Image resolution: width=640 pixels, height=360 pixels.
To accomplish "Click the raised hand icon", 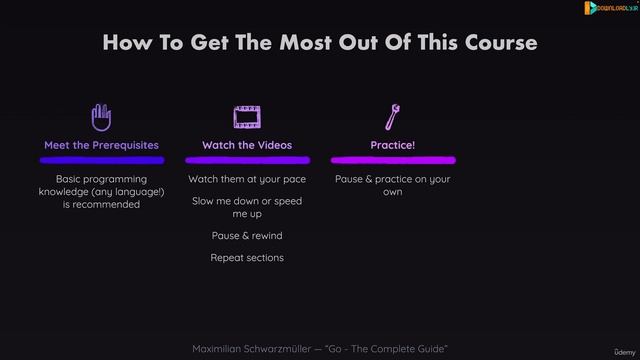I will coord(101,117).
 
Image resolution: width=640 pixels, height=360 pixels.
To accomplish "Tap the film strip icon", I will coord(247,118).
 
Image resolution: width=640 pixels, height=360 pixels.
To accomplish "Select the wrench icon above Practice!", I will coord(392,117).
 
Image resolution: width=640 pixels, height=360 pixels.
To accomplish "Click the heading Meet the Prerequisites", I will coord(101,145).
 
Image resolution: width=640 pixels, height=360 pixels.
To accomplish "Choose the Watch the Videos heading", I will coord(247,145).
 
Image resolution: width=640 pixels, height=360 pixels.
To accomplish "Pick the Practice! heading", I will coord(392,145).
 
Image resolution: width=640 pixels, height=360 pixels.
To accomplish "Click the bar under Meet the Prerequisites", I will coord(101,159).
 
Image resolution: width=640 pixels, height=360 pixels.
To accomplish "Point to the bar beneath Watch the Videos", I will coord(247,159).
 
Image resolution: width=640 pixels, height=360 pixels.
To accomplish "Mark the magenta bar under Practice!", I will coord(392,159).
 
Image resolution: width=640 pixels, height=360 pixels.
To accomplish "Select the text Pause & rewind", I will coord(247,236).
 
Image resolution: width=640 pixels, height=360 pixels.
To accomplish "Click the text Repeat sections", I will coord(247,258).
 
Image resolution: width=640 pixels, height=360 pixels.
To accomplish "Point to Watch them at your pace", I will coord(247,179).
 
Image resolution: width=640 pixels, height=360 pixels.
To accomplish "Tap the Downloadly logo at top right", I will coord(610,8).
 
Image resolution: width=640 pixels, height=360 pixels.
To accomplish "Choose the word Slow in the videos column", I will coord(203,201).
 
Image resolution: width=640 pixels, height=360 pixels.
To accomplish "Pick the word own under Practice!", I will coord(392,192).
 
